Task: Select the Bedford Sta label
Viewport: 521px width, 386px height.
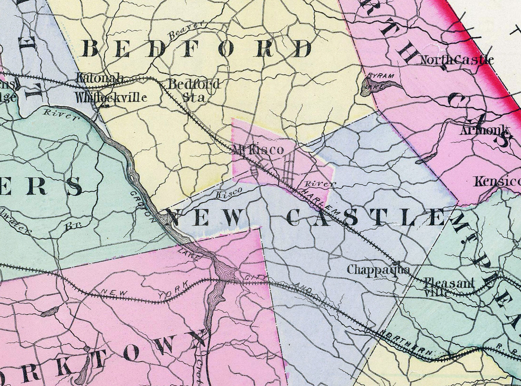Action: (194, 90)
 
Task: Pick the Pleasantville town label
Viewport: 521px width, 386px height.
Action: (449, 287)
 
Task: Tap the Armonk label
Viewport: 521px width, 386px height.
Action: (486, 131)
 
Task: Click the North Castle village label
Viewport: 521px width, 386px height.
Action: (457, 60)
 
